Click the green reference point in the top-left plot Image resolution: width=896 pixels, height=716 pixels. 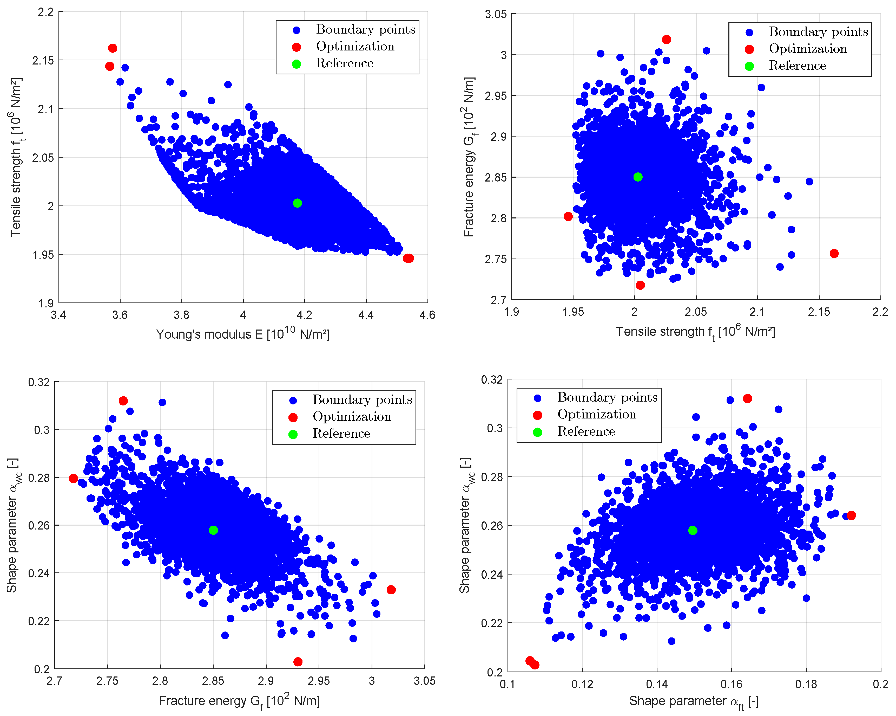pos(297,203)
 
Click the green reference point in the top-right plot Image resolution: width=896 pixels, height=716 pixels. pos(638,177)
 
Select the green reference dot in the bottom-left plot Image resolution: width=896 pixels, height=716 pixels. pos(213,530)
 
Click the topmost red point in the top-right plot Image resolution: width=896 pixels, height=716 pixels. pos(667,40)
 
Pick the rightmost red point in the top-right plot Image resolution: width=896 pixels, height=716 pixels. pos(834,253)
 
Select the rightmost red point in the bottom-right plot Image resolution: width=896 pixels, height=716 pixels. pos(851,515)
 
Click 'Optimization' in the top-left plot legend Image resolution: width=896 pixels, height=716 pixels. pos(355,47)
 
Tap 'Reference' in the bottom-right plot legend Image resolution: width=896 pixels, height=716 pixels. pos(586,431)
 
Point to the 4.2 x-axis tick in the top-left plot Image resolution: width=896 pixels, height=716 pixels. pos(305,315)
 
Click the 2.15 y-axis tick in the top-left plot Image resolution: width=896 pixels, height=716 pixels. pos(43,60)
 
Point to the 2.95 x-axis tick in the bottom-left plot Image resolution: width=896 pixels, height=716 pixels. pos(319,681)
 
